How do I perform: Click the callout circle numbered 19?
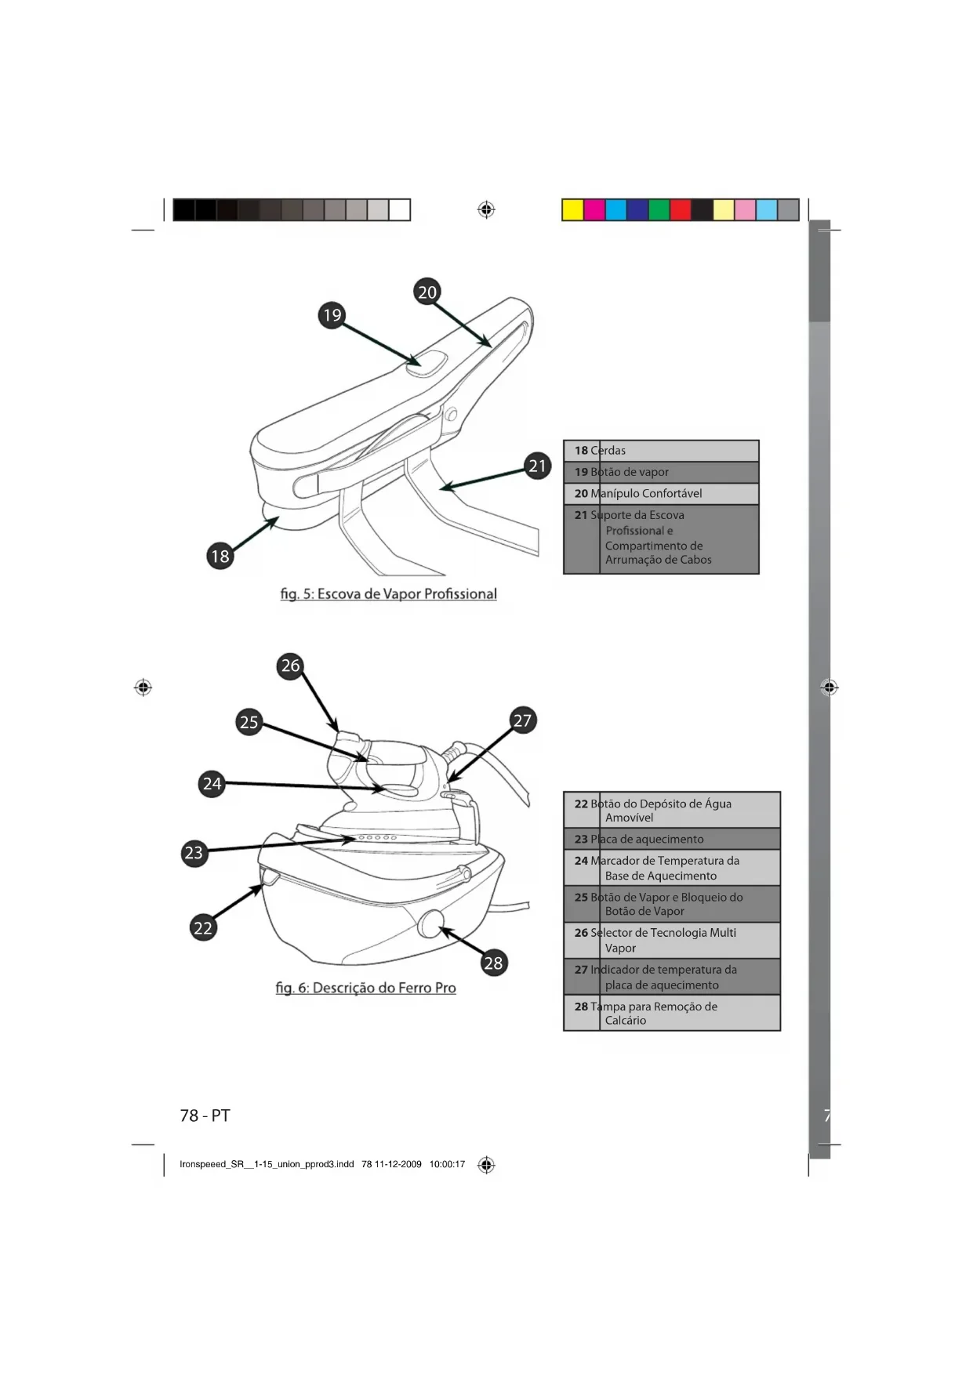pyautogui.click(x=332, y=315)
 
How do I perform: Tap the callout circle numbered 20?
pyautogui.click(x=427, y=292)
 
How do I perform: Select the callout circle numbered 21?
pyautogui.click(x=537, y=466)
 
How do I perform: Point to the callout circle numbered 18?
pyautogui.click(x=220, y=557)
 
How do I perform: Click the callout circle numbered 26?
pyautogui.click(x=291, y=666)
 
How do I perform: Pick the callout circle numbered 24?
pyautogui.click(x=212, y=783)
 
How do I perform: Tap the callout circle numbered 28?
pyautogui.click(x=493, y=963)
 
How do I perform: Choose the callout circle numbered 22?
pyautogui.click(x=203, y=928)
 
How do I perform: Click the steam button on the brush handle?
pyautogui.click(x=427, y=362)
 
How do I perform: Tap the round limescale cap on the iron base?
pyautogui.click(x=430, y=923)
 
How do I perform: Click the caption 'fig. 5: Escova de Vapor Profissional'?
pyautogui.click(x=388, y=594)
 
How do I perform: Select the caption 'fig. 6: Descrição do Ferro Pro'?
pyautogui.click(x=365, y=988)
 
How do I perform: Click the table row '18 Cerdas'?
pyautogui.click(x=661, y=451)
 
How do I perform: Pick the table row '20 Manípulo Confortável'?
pyautogui.click(x=661, y=494)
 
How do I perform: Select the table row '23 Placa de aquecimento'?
pyautogui.click(x=672, y=839)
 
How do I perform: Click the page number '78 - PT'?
pyautogui.click(x=205, y=1116)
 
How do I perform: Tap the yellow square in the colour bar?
pyautogui.click(x=573, y=210)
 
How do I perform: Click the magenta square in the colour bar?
pyautogui.click(x=594, y=210)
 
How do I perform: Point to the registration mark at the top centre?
pyautogui.click(x=486, y=210)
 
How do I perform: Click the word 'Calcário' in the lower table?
pyautogui.click(x=626, y=1021)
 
